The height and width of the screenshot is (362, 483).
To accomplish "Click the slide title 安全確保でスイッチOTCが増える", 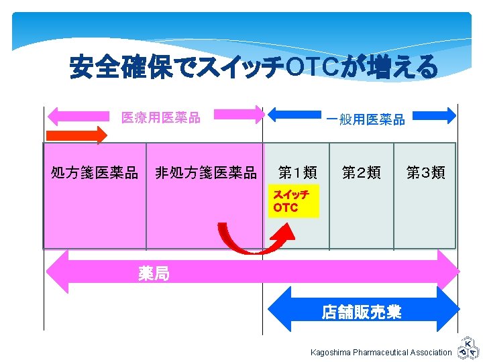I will coord(254,67).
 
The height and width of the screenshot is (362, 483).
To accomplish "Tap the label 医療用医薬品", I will coord(160,118).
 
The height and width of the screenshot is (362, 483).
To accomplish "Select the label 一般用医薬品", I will coord(366,120).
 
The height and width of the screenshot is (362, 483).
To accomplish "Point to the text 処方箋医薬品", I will coord(95,173).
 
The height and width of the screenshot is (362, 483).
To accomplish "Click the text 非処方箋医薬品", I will coord(205,173).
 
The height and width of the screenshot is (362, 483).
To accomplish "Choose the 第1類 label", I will coord(297,173).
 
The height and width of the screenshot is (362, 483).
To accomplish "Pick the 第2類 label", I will coord(362,173).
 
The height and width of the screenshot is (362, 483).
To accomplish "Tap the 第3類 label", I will coord(426,173).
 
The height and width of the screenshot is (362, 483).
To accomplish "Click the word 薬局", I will coord(154,273).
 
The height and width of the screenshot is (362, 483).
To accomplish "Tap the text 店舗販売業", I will coord(362,312).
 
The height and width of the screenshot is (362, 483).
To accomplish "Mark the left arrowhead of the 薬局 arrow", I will coord(56,272).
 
